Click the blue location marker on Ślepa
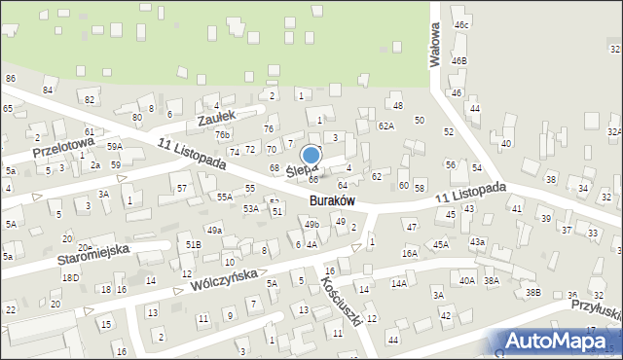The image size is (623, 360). tap(311, 156)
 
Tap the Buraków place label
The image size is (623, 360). tap(331, 200)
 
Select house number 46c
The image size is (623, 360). tap(461, 24)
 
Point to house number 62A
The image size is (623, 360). tap(386, 126)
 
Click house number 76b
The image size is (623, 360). tap(223, 134)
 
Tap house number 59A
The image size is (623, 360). tap(115, 146)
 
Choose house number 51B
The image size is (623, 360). tap(193, 244)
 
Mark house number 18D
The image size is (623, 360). tap(71, 277)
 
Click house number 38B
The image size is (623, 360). tap(532, 292)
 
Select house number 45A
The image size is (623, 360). tap(441, 245)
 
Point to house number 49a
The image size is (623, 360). tap(214, 230)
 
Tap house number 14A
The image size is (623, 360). tap(399, 283)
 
